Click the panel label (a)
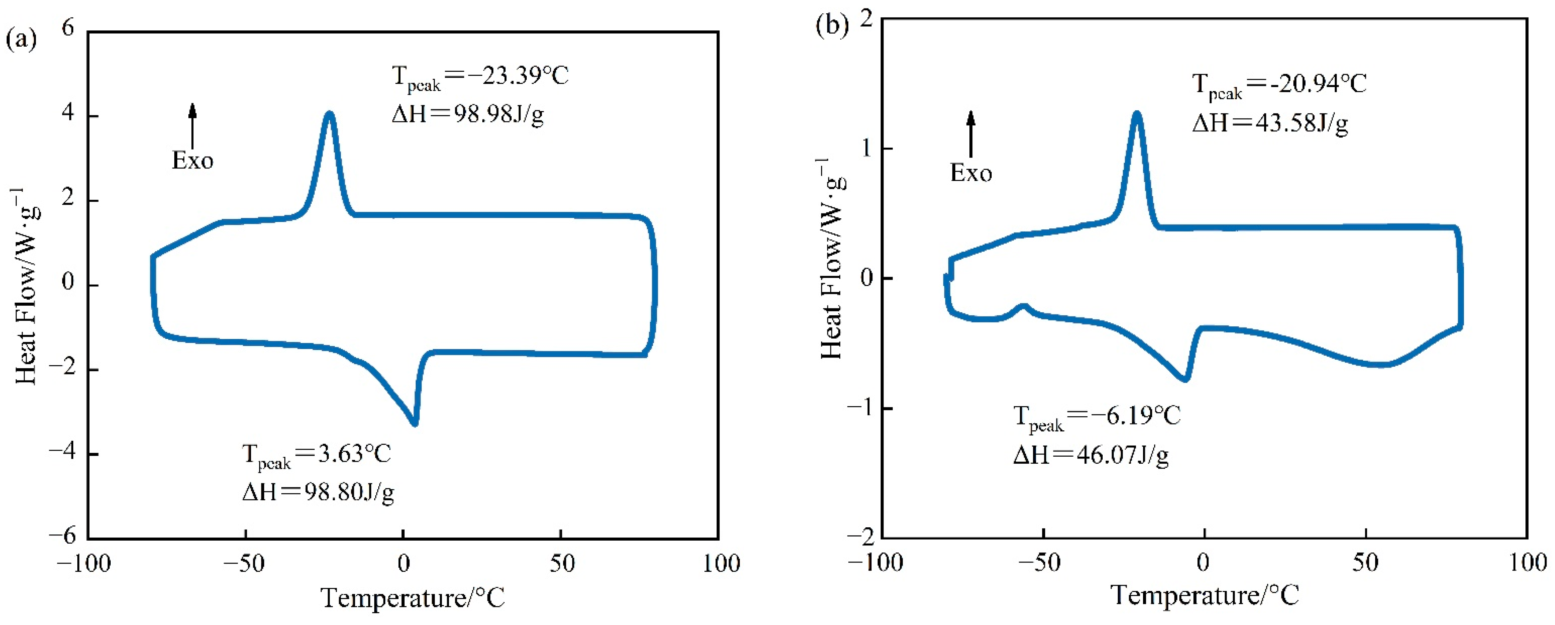pos(21,40)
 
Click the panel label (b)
pos(832,25)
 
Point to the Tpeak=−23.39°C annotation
pos(480,78)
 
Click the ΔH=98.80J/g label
pos(318,492)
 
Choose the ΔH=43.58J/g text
pos(1270,123)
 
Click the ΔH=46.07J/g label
pos(1090,456)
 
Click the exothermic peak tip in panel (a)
pos(329,113)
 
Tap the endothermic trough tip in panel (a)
pos(415,424)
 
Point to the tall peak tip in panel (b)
pos(1137,113)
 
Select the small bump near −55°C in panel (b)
pos(1024,306)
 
